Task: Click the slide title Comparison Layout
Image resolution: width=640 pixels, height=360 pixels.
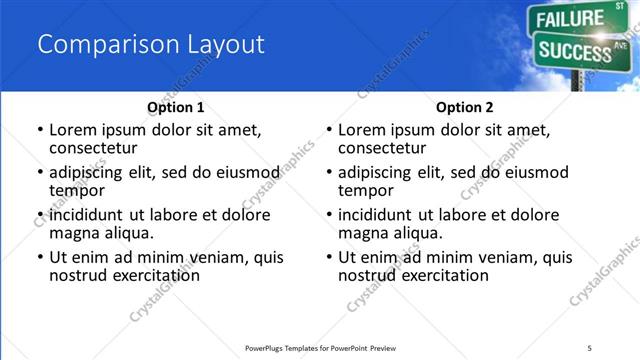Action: tap(150, 44)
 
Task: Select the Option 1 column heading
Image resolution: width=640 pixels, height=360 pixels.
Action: tap(175, 107)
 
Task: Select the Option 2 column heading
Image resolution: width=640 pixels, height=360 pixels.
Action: tap(464, 107)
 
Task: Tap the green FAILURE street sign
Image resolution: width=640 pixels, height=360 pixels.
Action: tap(571, 18)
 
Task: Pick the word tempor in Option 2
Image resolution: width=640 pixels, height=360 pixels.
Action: tap(364, 191)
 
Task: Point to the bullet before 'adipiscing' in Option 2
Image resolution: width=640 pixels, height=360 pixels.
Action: tap(328, 173)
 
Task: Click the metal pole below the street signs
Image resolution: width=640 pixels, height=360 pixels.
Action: tap(576, 80)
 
